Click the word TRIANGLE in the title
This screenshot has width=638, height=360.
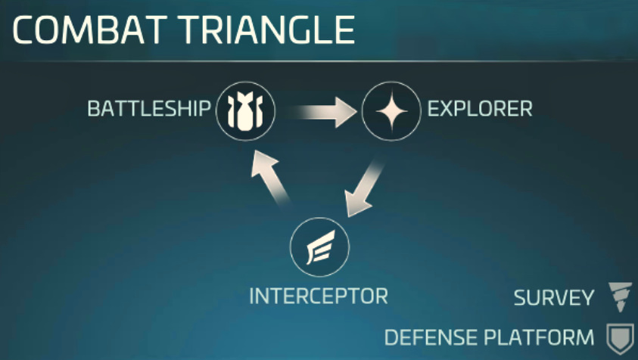pos(267,30)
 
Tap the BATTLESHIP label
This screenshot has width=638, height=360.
pos(149,109)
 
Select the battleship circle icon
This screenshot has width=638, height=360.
pos(245,111)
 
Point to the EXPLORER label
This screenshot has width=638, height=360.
pos(480,109)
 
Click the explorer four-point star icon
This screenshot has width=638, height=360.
pos(391,111)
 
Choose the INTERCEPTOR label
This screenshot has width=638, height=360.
pos(319,296)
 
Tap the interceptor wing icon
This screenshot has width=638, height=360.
pos(320,247)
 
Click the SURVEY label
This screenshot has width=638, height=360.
pos(554,298)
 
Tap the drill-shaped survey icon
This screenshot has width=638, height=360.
pos(620,297)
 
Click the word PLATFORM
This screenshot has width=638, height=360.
pos(539,337)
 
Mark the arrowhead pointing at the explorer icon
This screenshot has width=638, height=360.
pos(346,112)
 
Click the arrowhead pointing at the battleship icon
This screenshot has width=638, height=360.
pos(263,163)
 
